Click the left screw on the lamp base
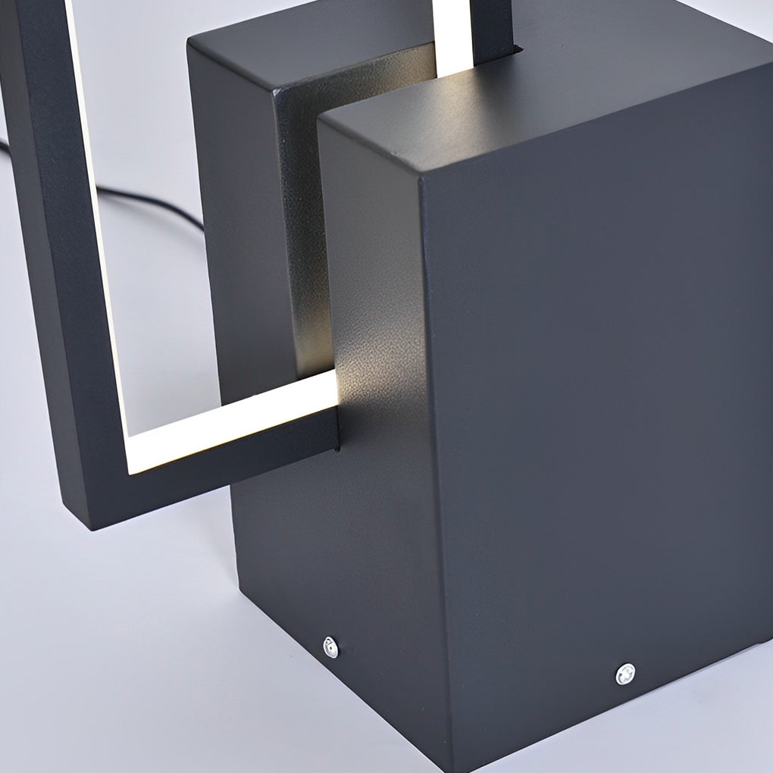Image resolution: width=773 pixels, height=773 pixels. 330,646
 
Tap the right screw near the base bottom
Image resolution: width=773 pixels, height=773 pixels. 625,673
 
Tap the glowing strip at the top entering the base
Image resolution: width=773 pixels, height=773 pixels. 453,38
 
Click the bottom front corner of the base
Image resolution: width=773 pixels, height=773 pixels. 452,762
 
